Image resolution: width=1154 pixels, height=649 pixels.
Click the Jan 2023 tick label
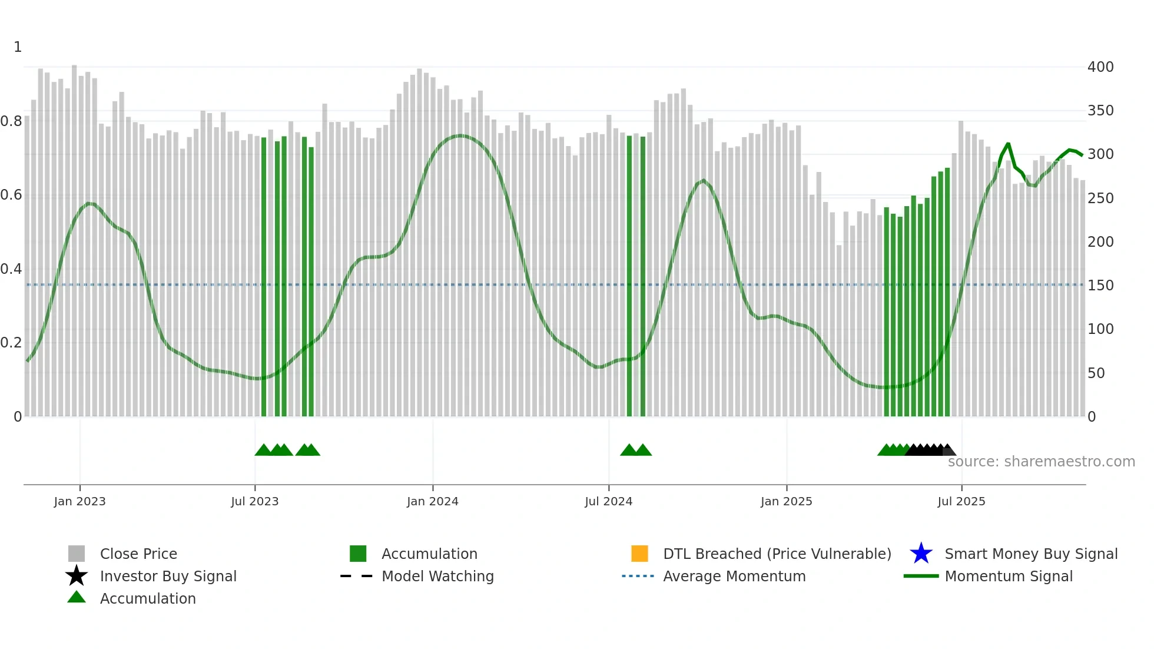79,501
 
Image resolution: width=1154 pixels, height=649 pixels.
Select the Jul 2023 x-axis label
254,501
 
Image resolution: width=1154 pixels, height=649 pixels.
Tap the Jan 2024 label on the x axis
432,501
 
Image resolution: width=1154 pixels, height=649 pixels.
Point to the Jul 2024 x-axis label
608,501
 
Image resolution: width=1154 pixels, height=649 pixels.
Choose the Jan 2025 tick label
786,501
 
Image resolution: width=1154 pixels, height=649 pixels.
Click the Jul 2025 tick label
961,501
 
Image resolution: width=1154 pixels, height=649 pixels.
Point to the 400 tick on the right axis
1100,67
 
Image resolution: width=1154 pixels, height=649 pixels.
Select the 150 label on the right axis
1100,286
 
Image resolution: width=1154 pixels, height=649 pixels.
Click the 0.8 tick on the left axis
11,121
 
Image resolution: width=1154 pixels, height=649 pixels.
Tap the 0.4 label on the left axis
11,269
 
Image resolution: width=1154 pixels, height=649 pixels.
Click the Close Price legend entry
138,554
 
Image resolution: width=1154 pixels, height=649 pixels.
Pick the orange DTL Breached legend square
639,554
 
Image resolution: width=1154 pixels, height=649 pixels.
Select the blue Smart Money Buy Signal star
921,554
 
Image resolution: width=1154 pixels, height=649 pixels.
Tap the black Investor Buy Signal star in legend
77,576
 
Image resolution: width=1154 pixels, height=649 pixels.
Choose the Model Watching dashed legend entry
437,576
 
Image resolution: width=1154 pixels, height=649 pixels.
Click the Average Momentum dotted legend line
638,576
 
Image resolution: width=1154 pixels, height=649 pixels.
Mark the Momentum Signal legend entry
1008,576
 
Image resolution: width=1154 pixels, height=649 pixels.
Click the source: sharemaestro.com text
1041,462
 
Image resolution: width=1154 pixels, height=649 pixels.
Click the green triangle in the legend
77,597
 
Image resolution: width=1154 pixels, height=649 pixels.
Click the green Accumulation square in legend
358,554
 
